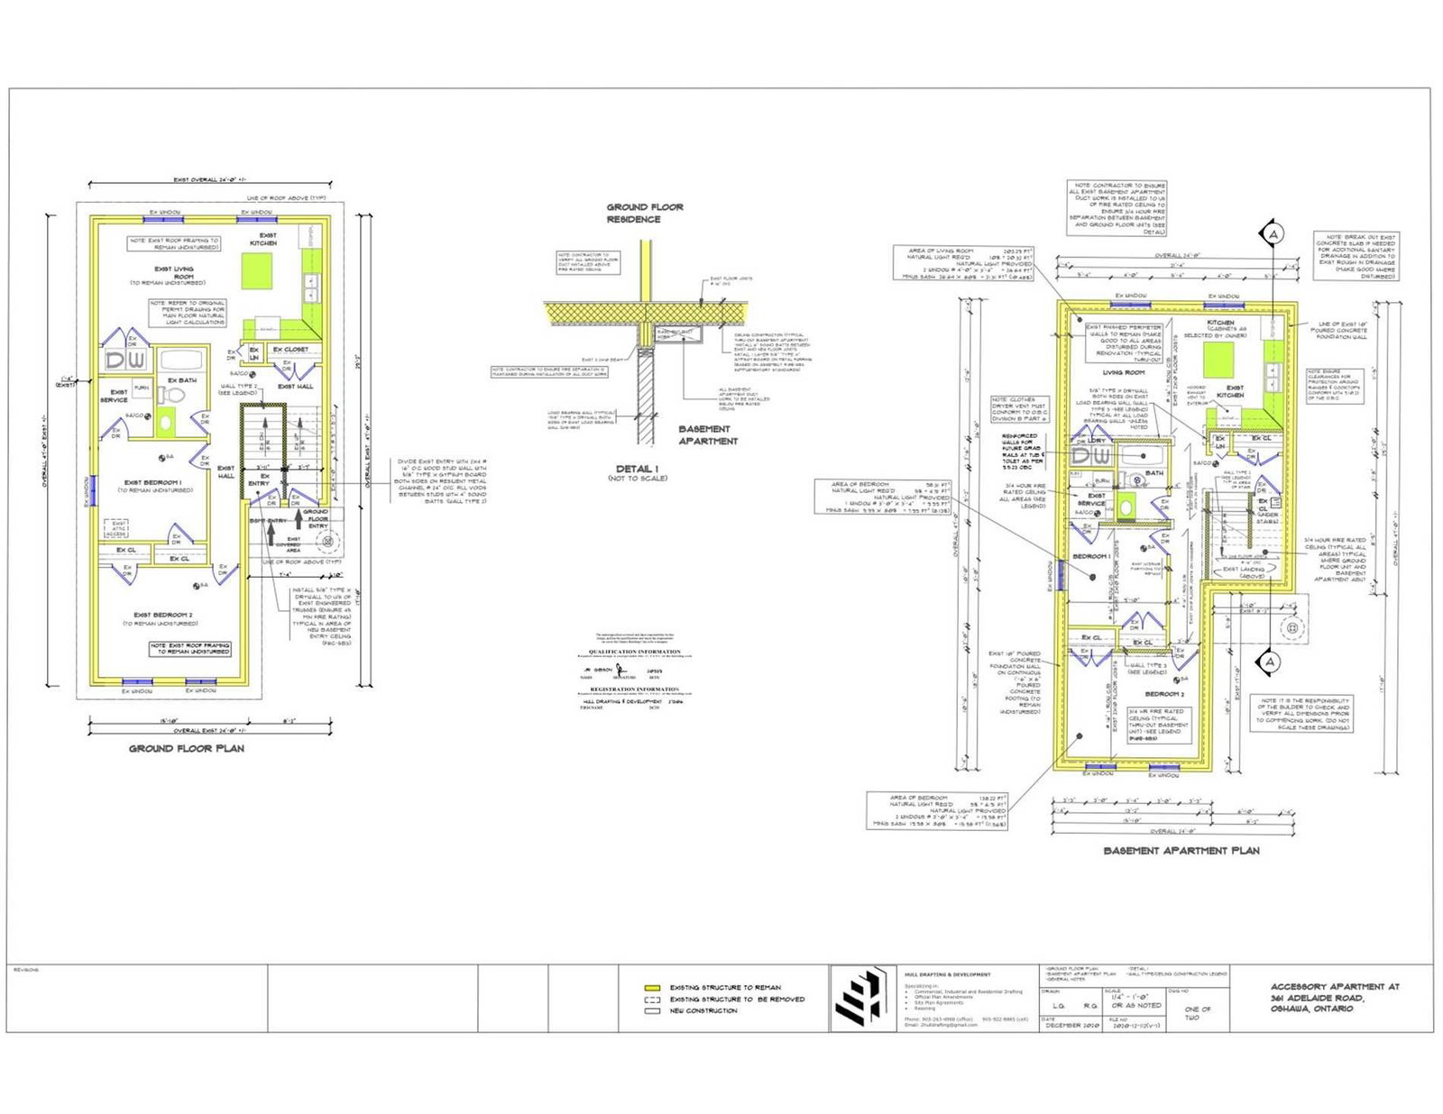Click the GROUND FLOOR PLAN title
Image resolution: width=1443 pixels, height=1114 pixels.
186,748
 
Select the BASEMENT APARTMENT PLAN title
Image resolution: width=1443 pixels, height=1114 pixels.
1181,850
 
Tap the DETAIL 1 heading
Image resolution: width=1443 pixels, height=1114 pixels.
637,469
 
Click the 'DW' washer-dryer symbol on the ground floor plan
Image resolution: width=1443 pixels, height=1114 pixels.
125,361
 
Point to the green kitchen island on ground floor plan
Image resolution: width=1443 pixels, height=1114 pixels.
257,269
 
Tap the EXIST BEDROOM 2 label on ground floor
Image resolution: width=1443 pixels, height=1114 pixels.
162,615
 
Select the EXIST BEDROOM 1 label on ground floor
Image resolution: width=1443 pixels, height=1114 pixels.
152,483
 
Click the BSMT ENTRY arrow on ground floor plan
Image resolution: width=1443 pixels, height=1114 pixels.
271,532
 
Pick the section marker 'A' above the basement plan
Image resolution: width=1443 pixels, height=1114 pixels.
1273,234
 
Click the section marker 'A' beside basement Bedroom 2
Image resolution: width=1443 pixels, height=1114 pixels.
1270,662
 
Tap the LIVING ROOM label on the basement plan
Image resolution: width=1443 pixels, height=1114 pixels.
1124,372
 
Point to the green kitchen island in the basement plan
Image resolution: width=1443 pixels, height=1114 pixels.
1218,360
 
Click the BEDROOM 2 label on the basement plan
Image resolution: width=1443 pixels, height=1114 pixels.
1163,694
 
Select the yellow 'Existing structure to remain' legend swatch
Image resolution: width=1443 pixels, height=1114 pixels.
653,988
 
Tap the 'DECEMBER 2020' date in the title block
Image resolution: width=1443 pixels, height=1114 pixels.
1070,1026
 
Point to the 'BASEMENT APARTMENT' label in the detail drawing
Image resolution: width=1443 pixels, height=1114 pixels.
707,435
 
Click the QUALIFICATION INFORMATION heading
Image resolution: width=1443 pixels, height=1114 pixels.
635,652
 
